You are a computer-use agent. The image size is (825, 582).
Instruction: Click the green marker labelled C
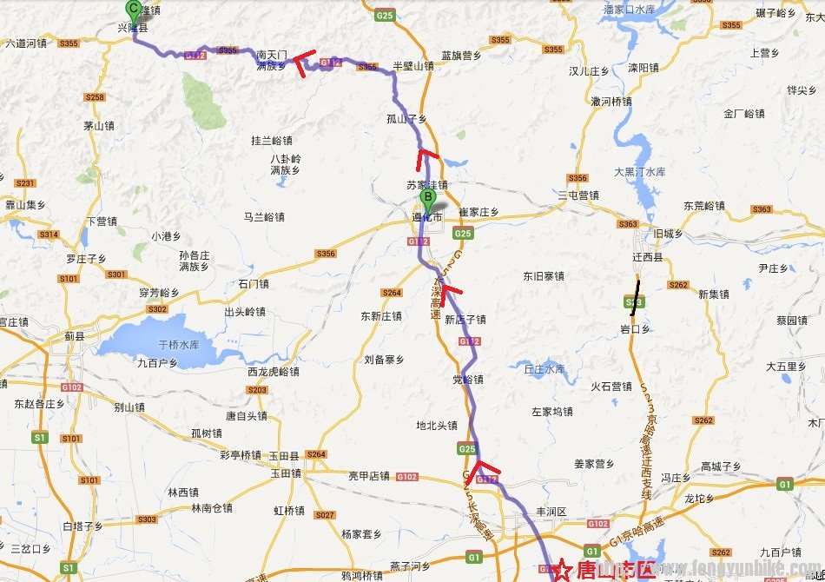[133, 10]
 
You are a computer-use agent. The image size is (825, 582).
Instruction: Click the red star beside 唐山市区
[563, 571]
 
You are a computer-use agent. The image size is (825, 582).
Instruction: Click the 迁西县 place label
[648, 258]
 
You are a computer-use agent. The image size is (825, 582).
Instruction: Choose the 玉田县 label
[284, 455]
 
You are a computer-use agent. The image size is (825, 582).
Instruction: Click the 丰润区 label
[551, 512]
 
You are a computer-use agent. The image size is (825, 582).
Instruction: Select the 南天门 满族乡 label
[271, 59]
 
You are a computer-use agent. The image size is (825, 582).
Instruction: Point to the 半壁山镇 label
[412, 65]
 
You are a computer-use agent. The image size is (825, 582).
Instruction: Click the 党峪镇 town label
[467, 380]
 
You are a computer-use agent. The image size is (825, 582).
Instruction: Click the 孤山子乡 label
[406, 117]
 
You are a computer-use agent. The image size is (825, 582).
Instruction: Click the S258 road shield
[96, 97]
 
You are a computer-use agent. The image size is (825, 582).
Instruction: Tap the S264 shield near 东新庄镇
[392, 292]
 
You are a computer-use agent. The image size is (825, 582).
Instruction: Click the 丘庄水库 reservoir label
[544, 368]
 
